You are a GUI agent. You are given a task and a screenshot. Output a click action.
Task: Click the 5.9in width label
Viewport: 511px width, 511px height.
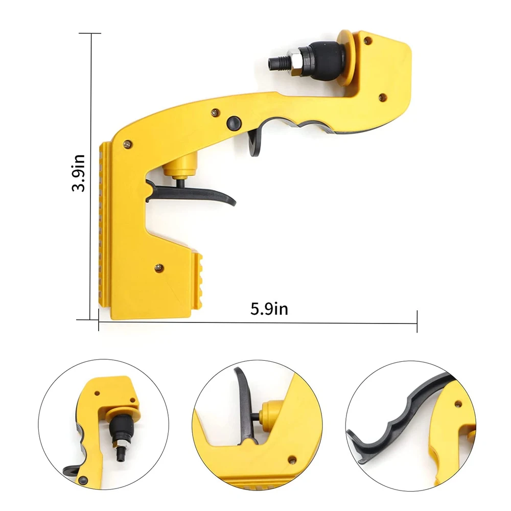point(269,309)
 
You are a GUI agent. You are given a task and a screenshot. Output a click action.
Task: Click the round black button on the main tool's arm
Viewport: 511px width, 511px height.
point(233,122)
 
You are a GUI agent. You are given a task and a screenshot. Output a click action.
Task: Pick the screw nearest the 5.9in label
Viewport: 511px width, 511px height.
point(159,266)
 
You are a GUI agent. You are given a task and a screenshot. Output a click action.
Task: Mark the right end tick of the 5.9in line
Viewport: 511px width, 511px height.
point(417,321)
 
